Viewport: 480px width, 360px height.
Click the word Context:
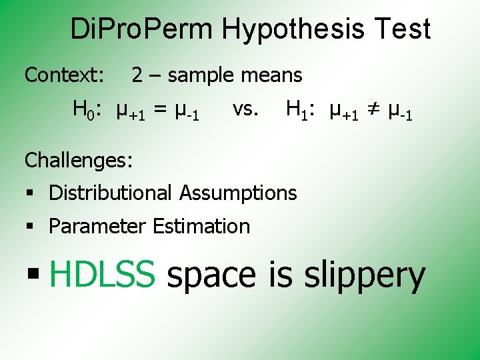point(64,75)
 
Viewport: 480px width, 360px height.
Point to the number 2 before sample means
point(137,75)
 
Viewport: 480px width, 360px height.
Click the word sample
point(197,76)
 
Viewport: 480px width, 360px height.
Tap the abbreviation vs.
point(245,108)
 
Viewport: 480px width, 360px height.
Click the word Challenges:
point(79,160)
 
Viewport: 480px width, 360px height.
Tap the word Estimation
point(201,227)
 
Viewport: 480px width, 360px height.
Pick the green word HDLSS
point(102,275)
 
